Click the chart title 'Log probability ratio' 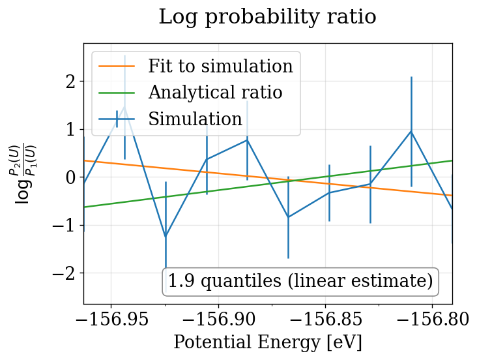267,17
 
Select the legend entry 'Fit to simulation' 220,67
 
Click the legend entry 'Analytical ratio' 215,93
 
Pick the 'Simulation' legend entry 195,119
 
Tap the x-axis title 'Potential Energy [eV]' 267,342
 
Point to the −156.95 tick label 111,320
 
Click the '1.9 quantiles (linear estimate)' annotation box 300,282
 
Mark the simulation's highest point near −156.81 411,132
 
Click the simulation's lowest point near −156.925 166,236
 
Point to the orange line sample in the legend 117,67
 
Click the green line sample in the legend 117,93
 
